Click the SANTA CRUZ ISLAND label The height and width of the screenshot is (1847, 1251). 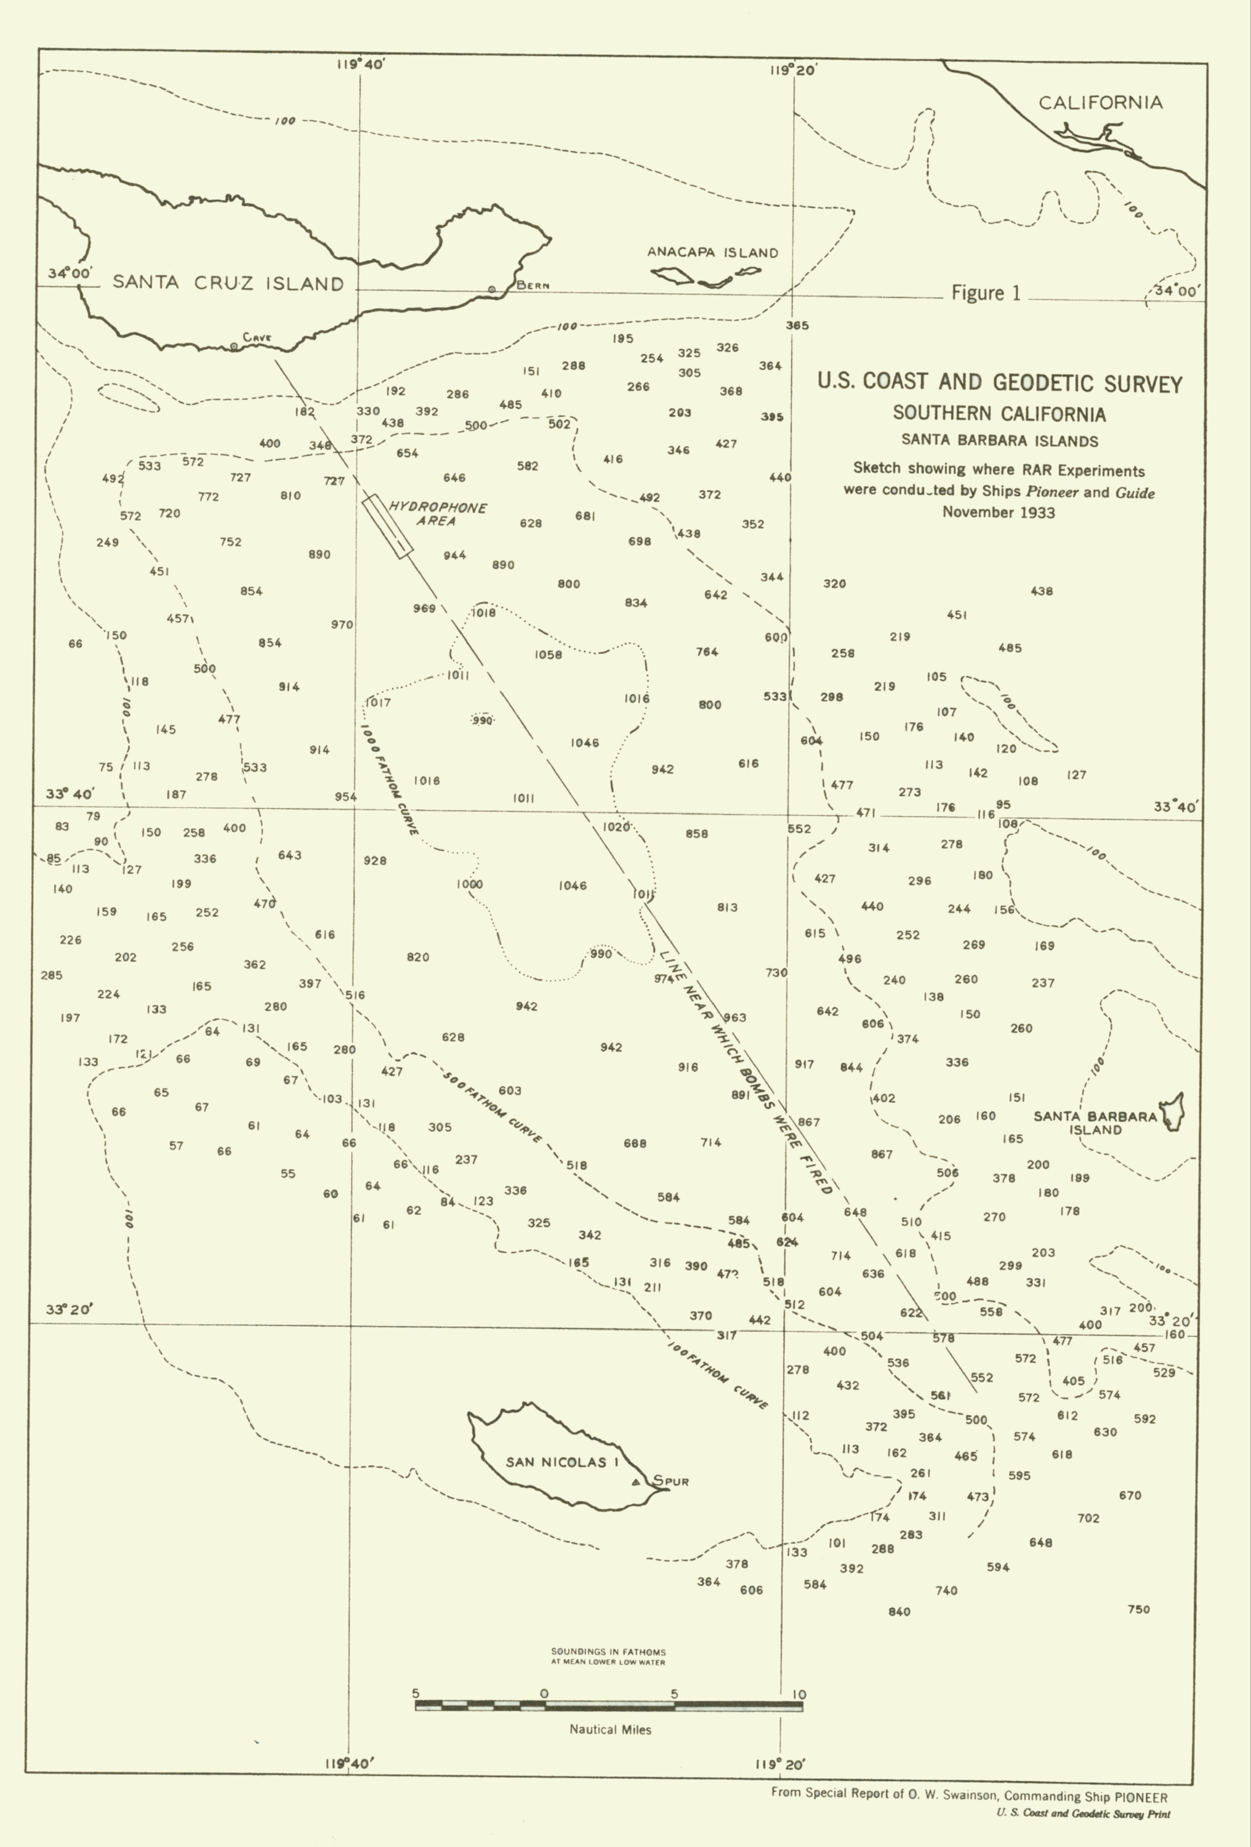click(x=228, y=283)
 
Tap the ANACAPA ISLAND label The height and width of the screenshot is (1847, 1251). click(x=712, y=252)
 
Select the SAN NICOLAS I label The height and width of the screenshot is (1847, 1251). click(x=562, y=1462)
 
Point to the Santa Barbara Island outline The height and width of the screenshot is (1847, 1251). click(x=1174, y=1112)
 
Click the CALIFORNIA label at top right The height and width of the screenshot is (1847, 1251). click(x=1101, y=103)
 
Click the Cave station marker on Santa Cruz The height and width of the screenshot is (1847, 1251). click(x=233, y=347)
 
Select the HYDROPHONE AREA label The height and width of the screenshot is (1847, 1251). click(x=438, y=513)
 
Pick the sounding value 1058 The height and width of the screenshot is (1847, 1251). click(x=549, y=655)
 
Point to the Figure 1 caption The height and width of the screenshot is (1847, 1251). click(x=986, y=293)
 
